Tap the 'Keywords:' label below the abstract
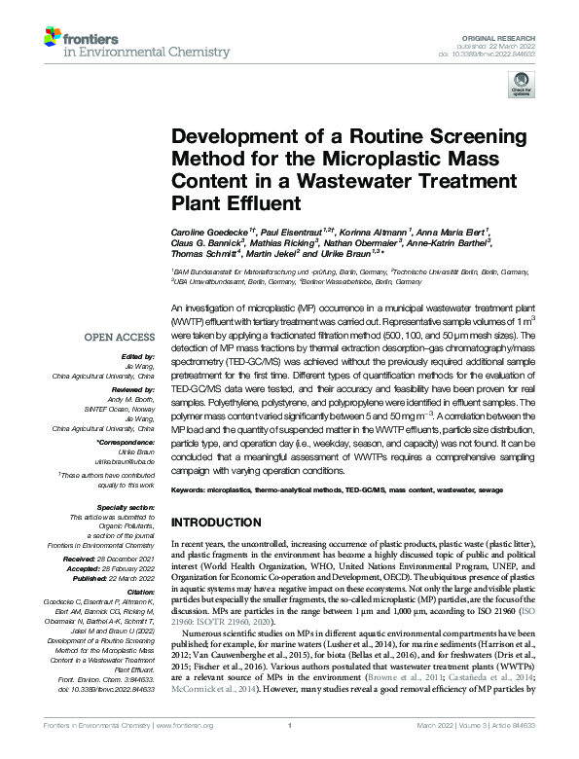[192, 489]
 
